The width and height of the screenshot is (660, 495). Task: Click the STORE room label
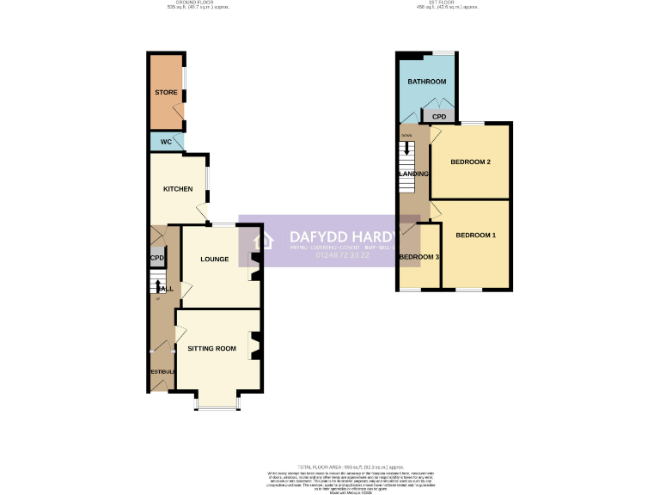(166, 92)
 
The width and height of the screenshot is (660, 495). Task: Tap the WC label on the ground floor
(166, 141)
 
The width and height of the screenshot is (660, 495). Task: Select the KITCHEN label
(178, 189)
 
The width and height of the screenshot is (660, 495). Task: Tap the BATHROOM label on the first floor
(427, 82)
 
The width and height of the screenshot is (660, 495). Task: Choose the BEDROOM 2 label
(470, 162)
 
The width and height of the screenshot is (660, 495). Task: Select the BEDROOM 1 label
(475, 235)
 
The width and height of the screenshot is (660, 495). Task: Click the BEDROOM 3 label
(419, 258)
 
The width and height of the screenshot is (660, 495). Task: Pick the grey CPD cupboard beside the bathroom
(439, 116)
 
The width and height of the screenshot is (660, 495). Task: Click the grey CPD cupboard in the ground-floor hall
(156, 258)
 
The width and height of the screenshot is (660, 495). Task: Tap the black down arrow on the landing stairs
(406, 148)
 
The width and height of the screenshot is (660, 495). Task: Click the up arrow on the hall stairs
(158, 284)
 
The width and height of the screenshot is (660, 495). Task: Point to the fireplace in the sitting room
(254, 345)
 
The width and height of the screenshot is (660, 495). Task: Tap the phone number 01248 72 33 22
(342, 254)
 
